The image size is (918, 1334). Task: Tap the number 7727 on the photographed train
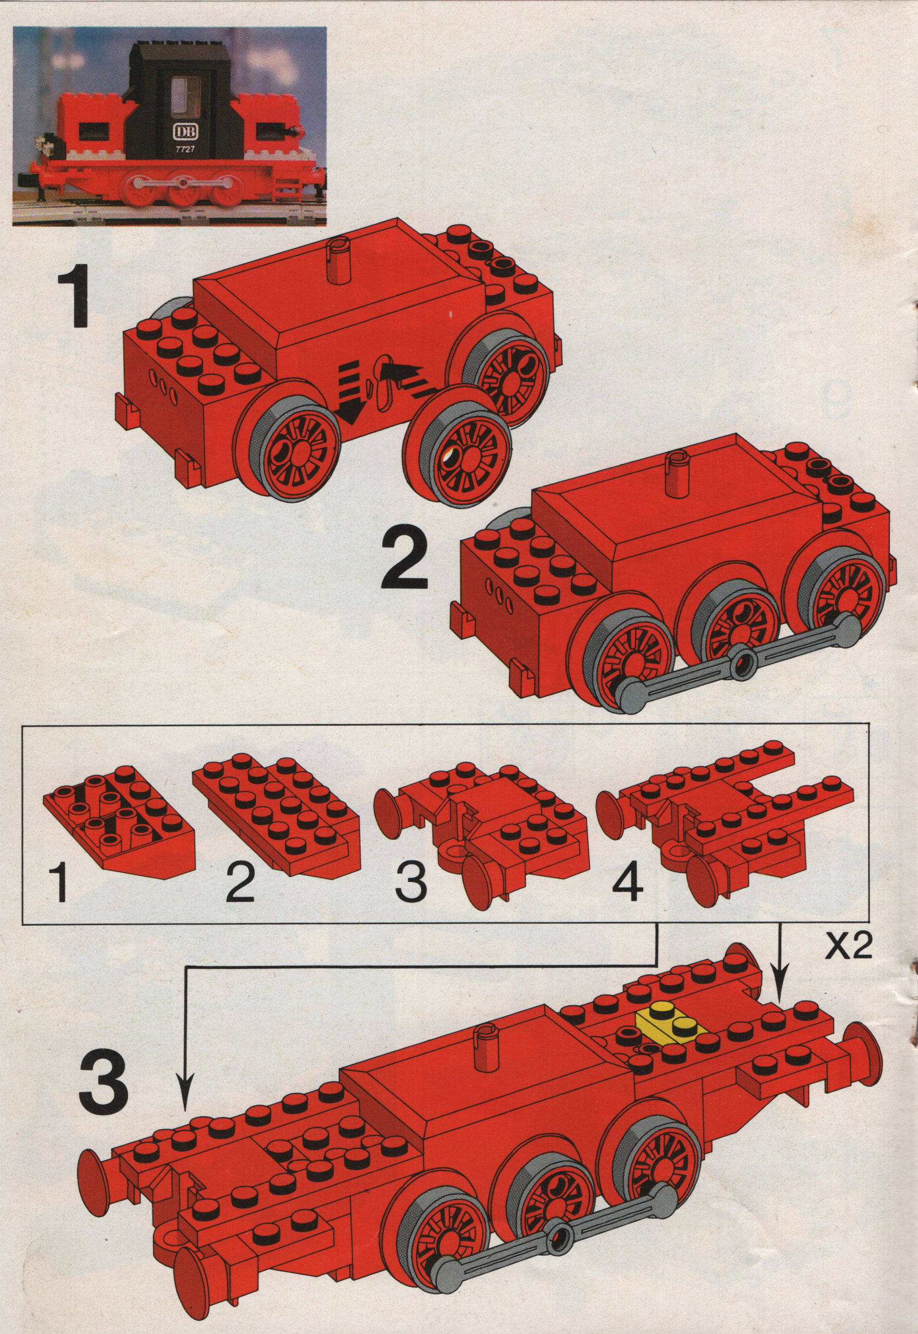coord(184,149)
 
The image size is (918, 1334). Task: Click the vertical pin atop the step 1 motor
coord(336,262)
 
